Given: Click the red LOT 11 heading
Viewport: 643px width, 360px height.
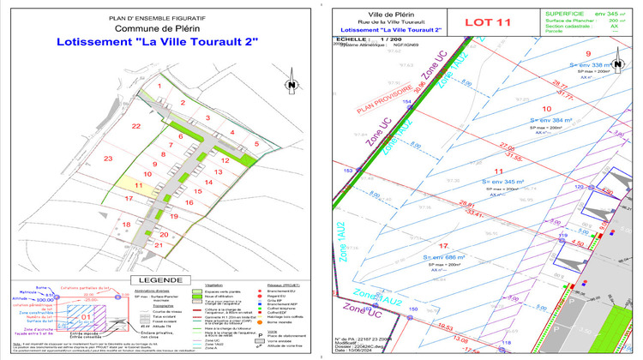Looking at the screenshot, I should click(490, 23).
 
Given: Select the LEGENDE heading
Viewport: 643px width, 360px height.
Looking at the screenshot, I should click(159, 279).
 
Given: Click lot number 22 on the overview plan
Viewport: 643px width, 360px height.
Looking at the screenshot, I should click(135, 126).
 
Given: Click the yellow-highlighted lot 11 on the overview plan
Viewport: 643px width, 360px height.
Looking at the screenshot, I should click(138, 184).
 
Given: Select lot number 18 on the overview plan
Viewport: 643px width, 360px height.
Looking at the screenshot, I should click(128, 225).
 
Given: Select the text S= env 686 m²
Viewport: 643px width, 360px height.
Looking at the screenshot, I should click(443, 256).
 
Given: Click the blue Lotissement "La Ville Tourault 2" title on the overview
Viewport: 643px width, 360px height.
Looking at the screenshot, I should click(157, 41).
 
